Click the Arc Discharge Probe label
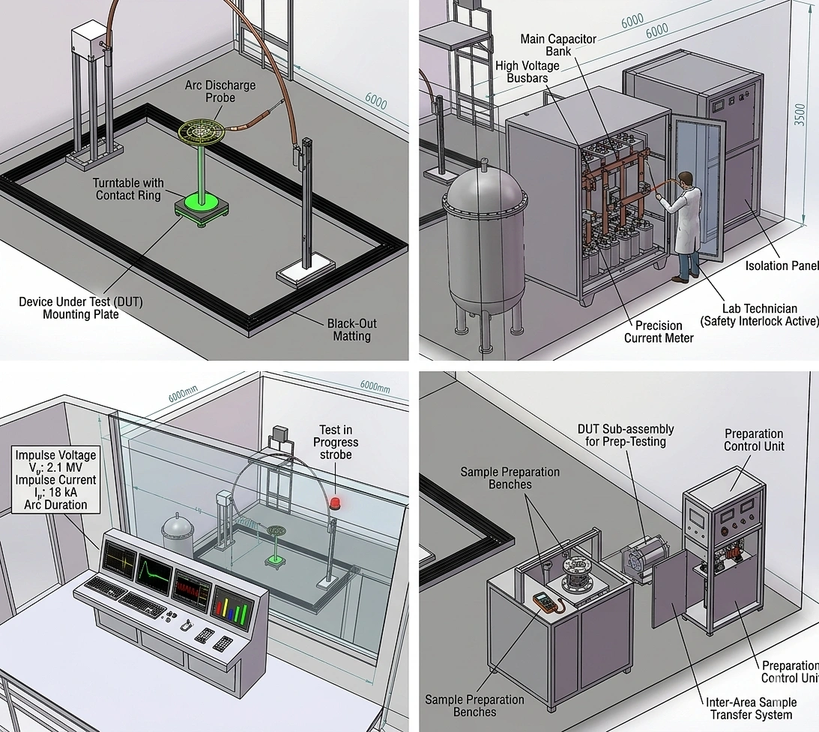220,91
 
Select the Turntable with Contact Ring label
128,189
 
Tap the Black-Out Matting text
351,330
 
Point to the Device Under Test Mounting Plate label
80,308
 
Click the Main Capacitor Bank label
558,45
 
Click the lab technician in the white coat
689,225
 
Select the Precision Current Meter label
659,331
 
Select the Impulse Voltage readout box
56,480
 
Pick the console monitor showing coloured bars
232,604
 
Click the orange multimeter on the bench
543,601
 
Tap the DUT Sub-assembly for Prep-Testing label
625,435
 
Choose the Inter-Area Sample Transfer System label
751,708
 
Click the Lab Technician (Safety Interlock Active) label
759,315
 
